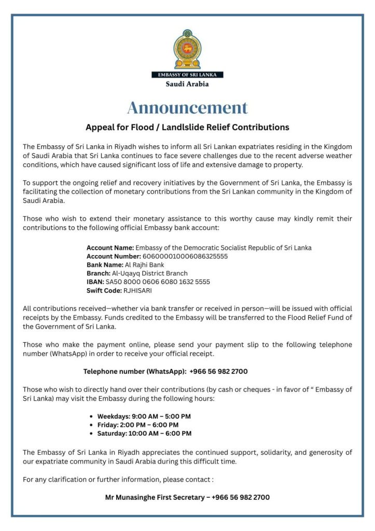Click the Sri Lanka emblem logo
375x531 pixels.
tap(187, 49)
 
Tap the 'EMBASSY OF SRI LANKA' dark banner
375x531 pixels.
tap(187, 75)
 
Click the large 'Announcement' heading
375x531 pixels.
tap(187, 107)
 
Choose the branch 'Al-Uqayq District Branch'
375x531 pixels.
tap(150, 273)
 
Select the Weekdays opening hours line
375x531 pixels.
tap(144, 416)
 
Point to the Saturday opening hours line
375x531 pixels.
tap(144, 433)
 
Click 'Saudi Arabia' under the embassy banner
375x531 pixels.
tap(187, 83)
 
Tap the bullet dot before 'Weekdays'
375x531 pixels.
tap(92, 416)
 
